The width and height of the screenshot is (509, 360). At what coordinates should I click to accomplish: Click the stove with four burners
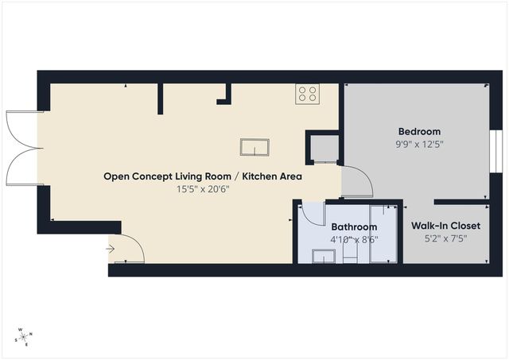click(x=307, y=94)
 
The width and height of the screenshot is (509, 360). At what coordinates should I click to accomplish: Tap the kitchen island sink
click(x=255, y=148)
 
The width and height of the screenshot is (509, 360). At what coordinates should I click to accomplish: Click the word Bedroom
click(x=418, y=131)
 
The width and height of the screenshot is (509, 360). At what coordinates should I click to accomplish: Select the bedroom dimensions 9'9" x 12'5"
click(x=418, y=145)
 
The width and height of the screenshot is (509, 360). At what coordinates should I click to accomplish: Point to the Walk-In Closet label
click(x=445, y=226)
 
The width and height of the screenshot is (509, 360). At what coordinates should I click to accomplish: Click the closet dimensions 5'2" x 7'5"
click(x=445, y=238)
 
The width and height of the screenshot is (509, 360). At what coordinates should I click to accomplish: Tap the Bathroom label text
click(x=354, y=226)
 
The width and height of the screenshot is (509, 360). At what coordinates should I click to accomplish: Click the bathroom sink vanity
click(x=324, y=255)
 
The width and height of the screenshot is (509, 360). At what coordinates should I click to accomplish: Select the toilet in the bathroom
click(x=352, y=254)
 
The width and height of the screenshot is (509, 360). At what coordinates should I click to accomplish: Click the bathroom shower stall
click(x=383, y=235)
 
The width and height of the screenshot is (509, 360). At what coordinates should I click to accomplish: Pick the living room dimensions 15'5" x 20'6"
click(x=202, y=189)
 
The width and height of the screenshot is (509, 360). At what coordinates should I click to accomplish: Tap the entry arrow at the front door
click(x=110, y=249)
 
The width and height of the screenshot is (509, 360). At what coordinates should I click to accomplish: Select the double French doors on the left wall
click(x=22, y=147)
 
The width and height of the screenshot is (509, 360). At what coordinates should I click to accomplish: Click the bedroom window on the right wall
click(x=494, y=149)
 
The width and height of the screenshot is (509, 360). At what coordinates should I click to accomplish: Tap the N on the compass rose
click(x=30, y=335)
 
